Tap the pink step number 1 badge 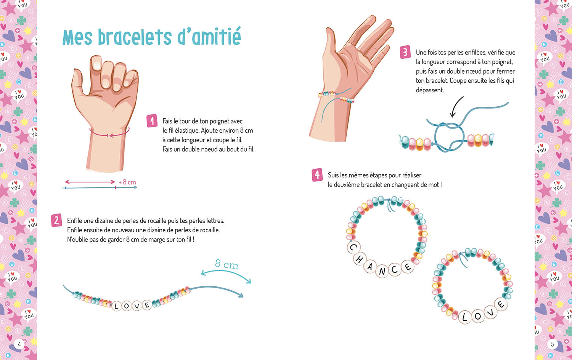click(x=152, y=121)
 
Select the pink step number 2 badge click(x=56, y=220)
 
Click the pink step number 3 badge click(x=405, y=52)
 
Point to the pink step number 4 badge click(x=317, y=175)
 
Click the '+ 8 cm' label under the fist click(x=127, y=182)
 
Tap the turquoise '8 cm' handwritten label click(x=227, y=264)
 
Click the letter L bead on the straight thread click(x=117, y=306)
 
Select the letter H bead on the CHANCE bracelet click(x=359, y=259)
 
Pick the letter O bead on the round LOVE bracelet click(x=478, y=316)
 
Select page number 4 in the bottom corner click(x=19, y=344)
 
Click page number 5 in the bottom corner click(x=553, y=344)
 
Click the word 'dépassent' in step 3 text click(x=430, y=90)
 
